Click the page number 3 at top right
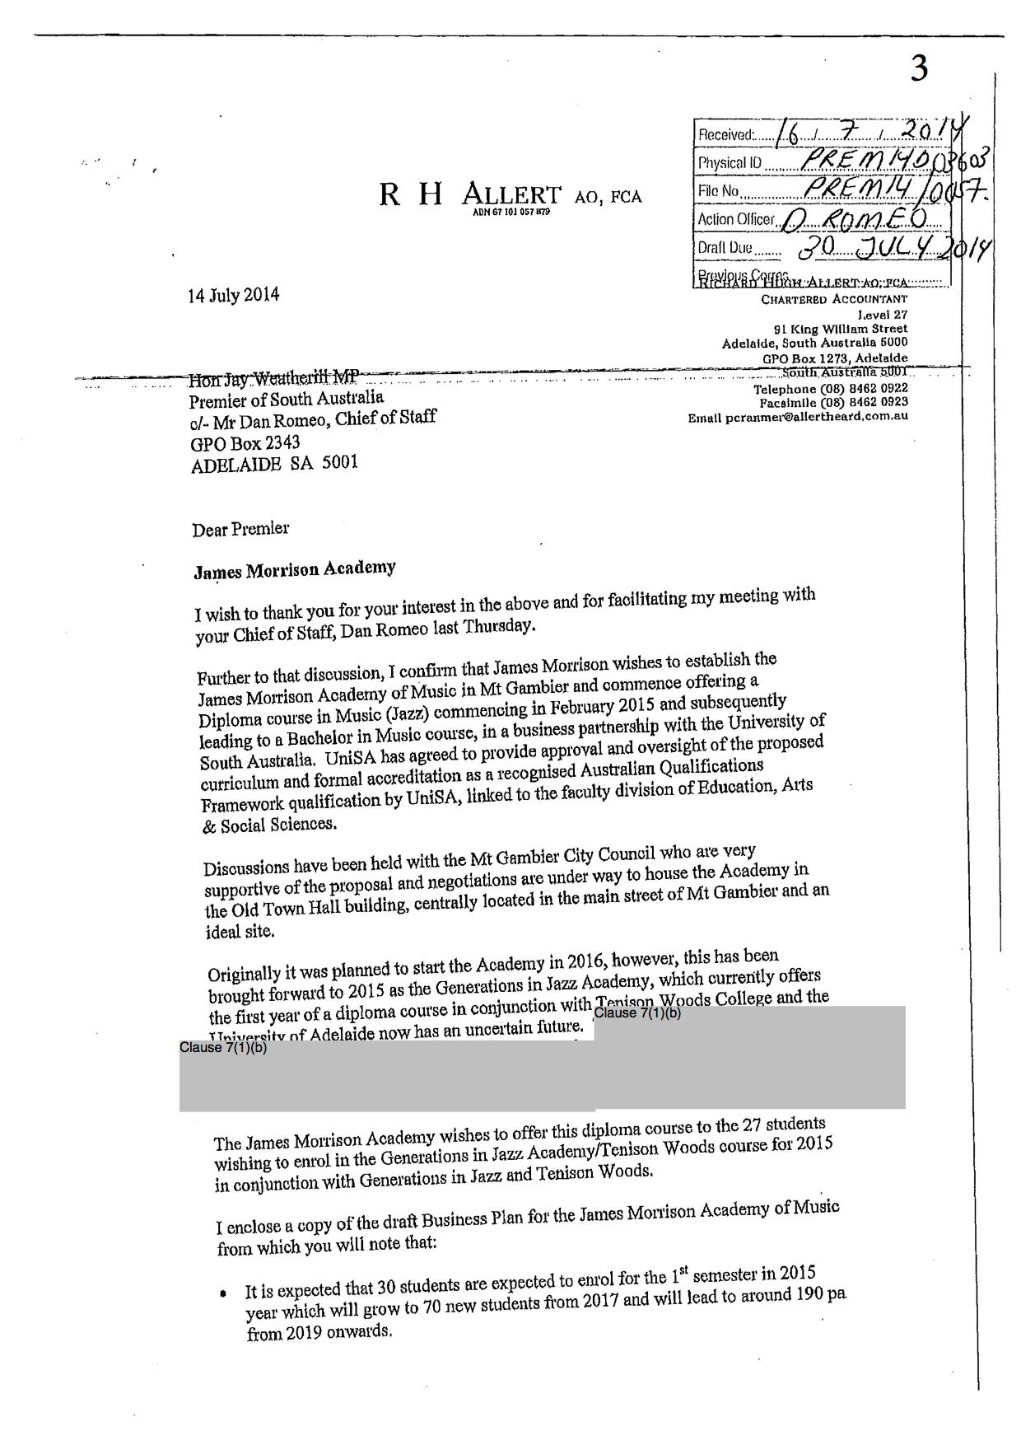(919, 68)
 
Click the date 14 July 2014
(234, 295)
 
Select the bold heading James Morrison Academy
(294, 569)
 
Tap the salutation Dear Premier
(240, 529)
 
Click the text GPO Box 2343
(245, 444)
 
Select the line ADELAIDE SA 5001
(274, 464)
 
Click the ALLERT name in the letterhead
(510, 195)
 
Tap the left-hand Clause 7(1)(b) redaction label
(223, 1048)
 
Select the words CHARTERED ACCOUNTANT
(833, 299)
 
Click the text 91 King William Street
(846, 329)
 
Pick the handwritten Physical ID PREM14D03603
(889, 161)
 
